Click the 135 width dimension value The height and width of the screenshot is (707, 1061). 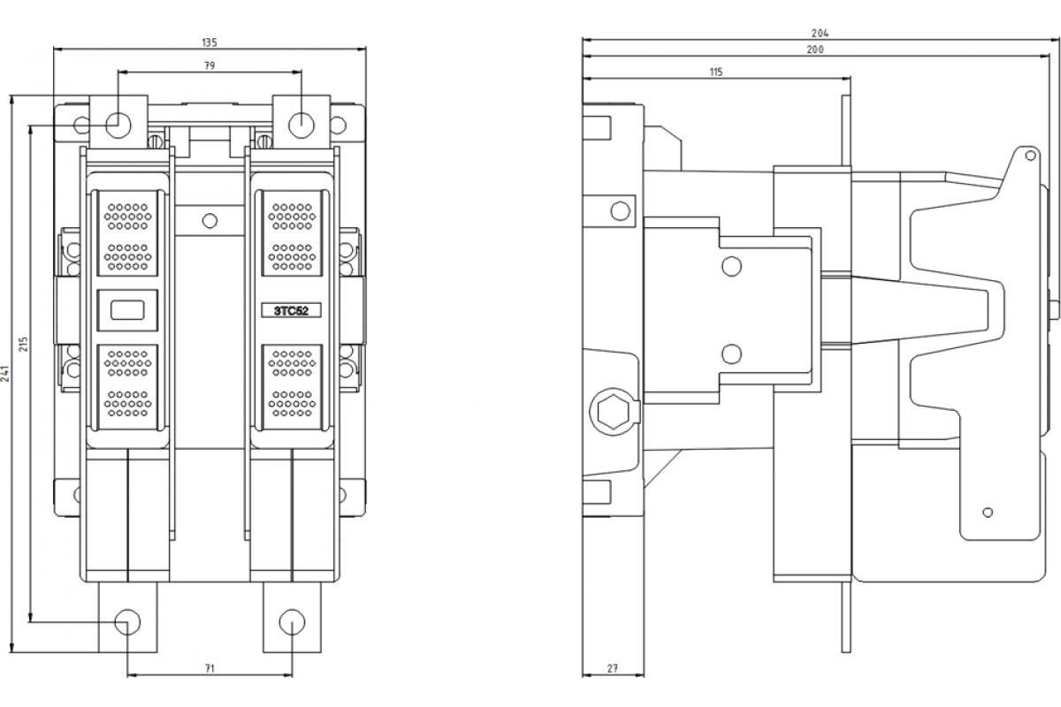(x=210, y=42)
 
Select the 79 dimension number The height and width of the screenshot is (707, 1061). (x=210, y=65)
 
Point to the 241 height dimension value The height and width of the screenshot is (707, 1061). (x=4, y=374)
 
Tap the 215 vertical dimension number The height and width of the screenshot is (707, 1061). (x=23, y=344)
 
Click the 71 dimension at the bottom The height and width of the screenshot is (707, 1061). (x=210, y=668)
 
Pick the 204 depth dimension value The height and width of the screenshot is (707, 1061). (x=820, y=34)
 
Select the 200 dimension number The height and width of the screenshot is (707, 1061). (x=815, y=49)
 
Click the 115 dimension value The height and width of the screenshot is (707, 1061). (x=716, y=72)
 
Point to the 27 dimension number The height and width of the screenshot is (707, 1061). (x=613, y=668)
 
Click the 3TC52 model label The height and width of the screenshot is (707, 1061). (x=291, y=311)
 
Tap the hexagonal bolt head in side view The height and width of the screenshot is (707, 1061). (x=614, y=411)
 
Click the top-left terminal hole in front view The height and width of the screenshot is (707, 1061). (x=118, y=125)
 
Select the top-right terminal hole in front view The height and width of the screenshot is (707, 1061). (x=302, y=125)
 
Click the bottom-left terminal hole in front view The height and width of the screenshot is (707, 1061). (x=127, y=622)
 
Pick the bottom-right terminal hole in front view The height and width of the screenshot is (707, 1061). (x=293, y=622)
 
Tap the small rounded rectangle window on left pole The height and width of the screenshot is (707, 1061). (x=127, y=310)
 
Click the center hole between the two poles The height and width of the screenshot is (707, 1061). (x=210, y=221)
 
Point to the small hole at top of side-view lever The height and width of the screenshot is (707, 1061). (x=1030, y=156)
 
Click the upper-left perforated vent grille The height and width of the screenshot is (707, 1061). (x=127, y=233)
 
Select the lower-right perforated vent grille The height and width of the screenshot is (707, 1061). (x=292, y=387)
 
